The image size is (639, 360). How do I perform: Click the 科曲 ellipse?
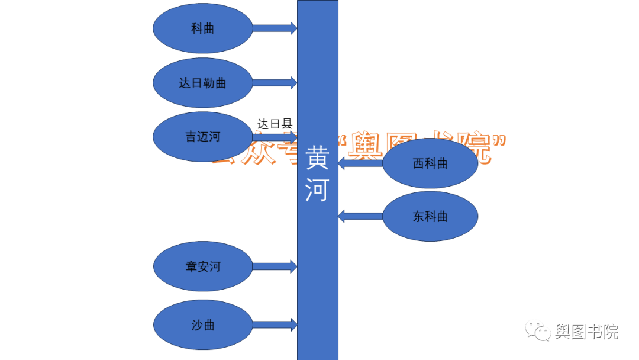pos(202,28)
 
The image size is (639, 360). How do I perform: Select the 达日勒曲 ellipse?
pos(202,83)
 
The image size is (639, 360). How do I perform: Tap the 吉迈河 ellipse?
pos(202,137)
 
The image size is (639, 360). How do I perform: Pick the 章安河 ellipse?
pos(202,266)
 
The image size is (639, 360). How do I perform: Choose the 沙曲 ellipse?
pos(202,325)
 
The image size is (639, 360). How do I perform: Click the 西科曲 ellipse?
pos(430,163)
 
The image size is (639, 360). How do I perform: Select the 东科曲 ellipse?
pos(430,216)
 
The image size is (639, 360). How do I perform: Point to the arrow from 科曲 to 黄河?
pos(275,28)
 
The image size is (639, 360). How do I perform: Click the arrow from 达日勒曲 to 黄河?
pos(275,83)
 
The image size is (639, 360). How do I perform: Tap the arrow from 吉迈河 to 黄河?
pos(275,136)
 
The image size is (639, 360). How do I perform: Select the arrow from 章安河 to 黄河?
pos(275,266)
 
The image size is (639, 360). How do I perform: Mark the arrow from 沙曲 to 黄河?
pos(275,324)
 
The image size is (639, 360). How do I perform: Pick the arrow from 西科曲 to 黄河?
pos(360,163)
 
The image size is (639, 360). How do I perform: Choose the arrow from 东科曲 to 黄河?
pos(360,216)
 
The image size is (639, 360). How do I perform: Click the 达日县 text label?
pos(275,124)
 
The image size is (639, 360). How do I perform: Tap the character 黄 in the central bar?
pos(317,159)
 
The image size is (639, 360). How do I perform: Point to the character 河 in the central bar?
pos(317,191)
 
